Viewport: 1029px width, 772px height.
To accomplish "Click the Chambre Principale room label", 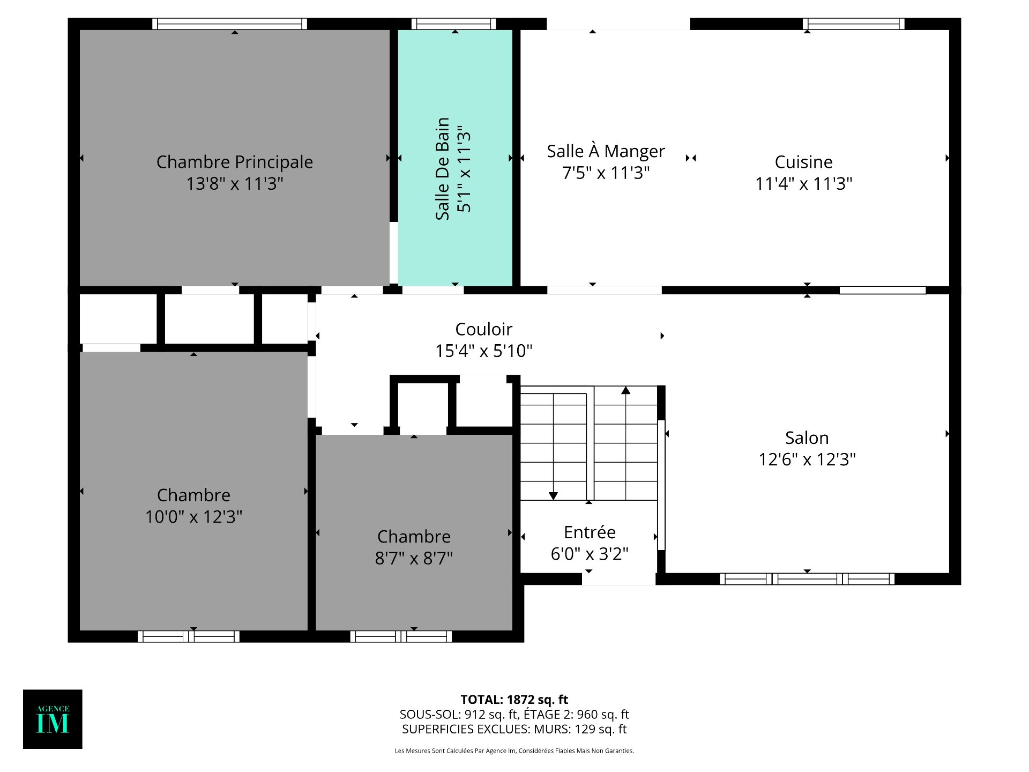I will pyautogui.click(x=234, y=162).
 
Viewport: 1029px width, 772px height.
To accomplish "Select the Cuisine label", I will pyautogui.click(x=803, y=162).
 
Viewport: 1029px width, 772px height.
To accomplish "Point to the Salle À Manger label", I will pyautogui.click(x=606, y=151).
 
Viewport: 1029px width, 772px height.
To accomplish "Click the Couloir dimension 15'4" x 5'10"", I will pyautogui.click(x=483, y=351).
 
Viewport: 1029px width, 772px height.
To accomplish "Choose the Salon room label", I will pyautogui.click(x=807, y=438).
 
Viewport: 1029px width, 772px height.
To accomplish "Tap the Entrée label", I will pyautogui.click(x=590, y=532).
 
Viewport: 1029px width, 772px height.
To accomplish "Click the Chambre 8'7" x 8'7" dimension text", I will pyautogui.click(x=414, y=559).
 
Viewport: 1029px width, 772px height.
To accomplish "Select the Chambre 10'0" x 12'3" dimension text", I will pyautogui.click(x=193, y=517).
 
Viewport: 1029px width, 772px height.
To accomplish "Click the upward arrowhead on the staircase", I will pyautogui.click(x=625, y=390).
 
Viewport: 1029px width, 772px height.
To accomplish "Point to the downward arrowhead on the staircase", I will pyautogui.click(x=553, y=496).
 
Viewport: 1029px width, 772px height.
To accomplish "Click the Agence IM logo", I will pyautogui.click(x=53, y=719).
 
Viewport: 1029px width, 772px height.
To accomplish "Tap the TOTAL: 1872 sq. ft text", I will pyautogui.click(x=514, y=700).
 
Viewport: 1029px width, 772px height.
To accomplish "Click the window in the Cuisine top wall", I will pyautogui.click(x=853, y=24).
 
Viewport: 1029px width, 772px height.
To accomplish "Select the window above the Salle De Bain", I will pyautogui.click(x=453, y=24).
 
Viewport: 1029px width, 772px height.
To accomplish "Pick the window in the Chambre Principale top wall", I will pyautogui.click(x=229, y=24).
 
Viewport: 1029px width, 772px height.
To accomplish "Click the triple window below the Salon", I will pyautogui.click(x=807, y=579).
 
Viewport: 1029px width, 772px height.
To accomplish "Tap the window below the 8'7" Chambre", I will pyautogui.click(x=401, y=636).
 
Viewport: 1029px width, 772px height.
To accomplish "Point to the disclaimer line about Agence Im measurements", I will pyautogui.click(x=514, y=751).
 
